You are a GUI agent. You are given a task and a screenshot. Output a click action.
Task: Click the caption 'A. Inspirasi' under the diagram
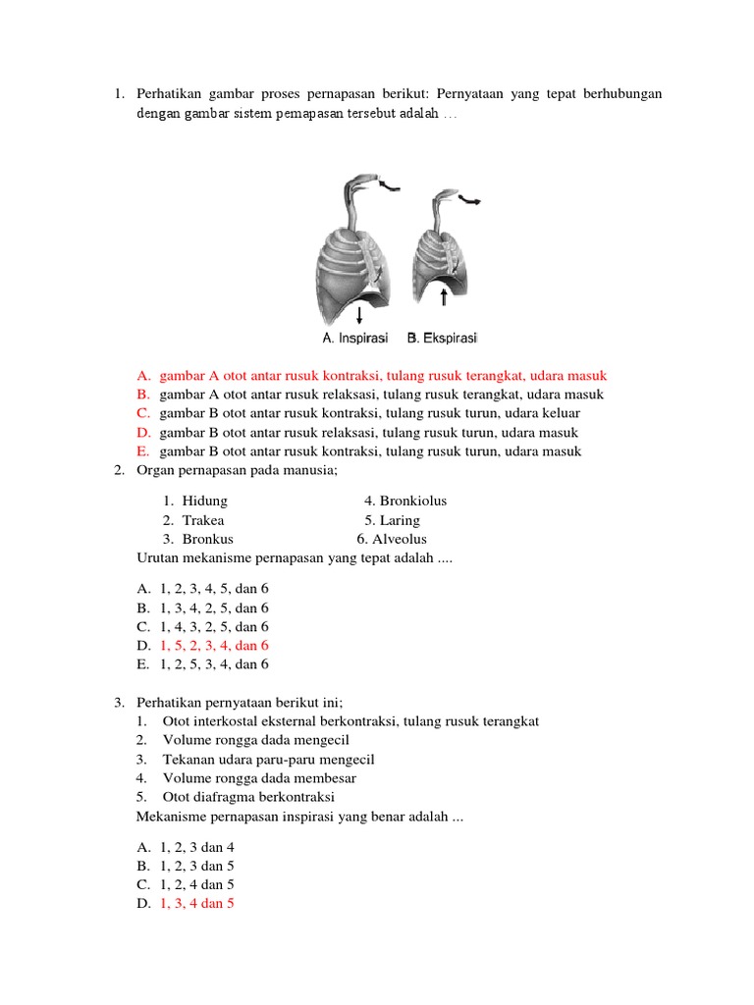point(354,339)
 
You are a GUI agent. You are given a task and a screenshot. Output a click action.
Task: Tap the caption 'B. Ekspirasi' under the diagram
point(442,339)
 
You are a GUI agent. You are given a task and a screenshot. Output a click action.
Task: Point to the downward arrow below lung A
point(360,314)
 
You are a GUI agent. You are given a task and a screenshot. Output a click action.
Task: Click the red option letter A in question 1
point(143,376)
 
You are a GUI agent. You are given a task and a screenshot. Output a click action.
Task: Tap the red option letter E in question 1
point(143,451)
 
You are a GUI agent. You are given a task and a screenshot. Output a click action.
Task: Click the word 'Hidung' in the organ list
point(204,501)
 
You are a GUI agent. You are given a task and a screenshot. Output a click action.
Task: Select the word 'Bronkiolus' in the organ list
point(412,501)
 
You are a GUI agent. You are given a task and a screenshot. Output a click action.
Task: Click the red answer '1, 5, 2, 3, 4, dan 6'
point(213,645)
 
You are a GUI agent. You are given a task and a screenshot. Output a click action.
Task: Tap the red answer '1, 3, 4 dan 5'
point(196,904)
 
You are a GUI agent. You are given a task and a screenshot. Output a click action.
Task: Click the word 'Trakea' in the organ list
point(203,520)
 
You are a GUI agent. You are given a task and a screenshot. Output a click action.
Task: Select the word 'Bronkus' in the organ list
point(207,539)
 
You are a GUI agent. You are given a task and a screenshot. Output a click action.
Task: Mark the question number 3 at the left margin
point(118,703)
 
